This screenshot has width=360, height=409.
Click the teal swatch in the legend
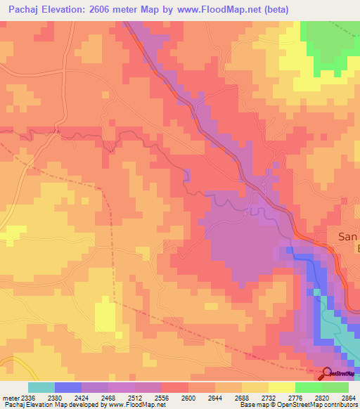pyautogui.click(x=41, y=387)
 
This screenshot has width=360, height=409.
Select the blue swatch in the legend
pyautogui.click(x=67, y=387)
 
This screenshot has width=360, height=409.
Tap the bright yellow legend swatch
pyautogui.click(x=282, y=387)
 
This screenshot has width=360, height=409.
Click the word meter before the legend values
pyautogui.click(x=9, y=396)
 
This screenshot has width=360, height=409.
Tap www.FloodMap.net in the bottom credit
pyautogui.click(x=135, y=405)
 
